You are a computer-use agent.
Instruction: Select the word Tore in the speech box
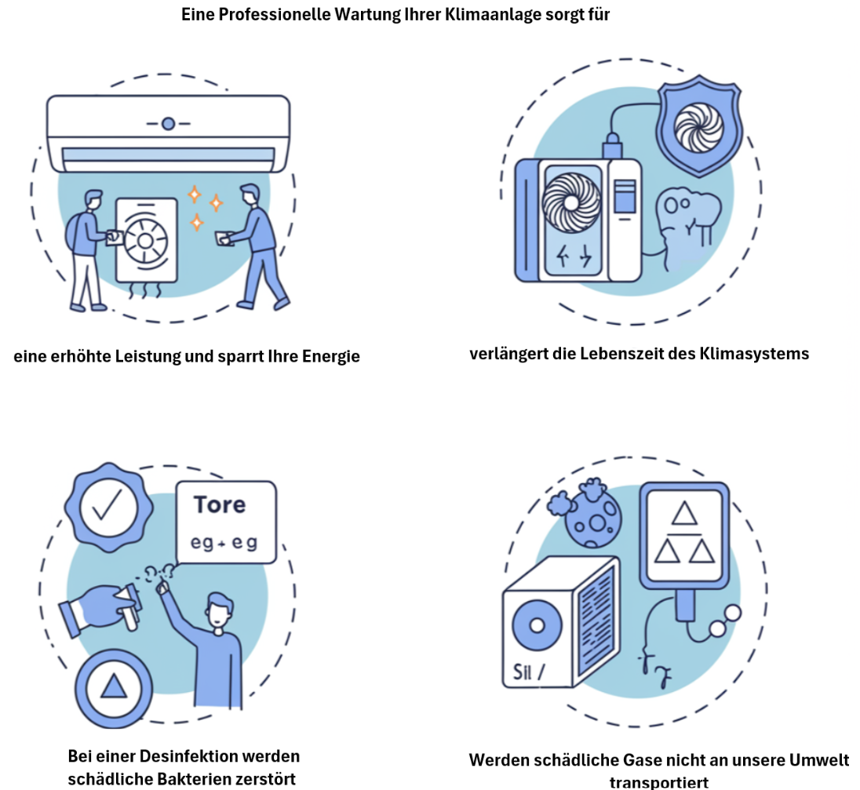coord(220,504)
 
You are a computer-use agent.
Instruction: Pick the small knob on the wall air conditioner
coord(167,123)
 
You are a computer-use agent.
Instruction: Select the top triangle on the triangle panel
coord(686,514)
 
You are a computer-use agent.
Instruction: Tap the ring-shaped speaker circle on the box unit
coord(537,626)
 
